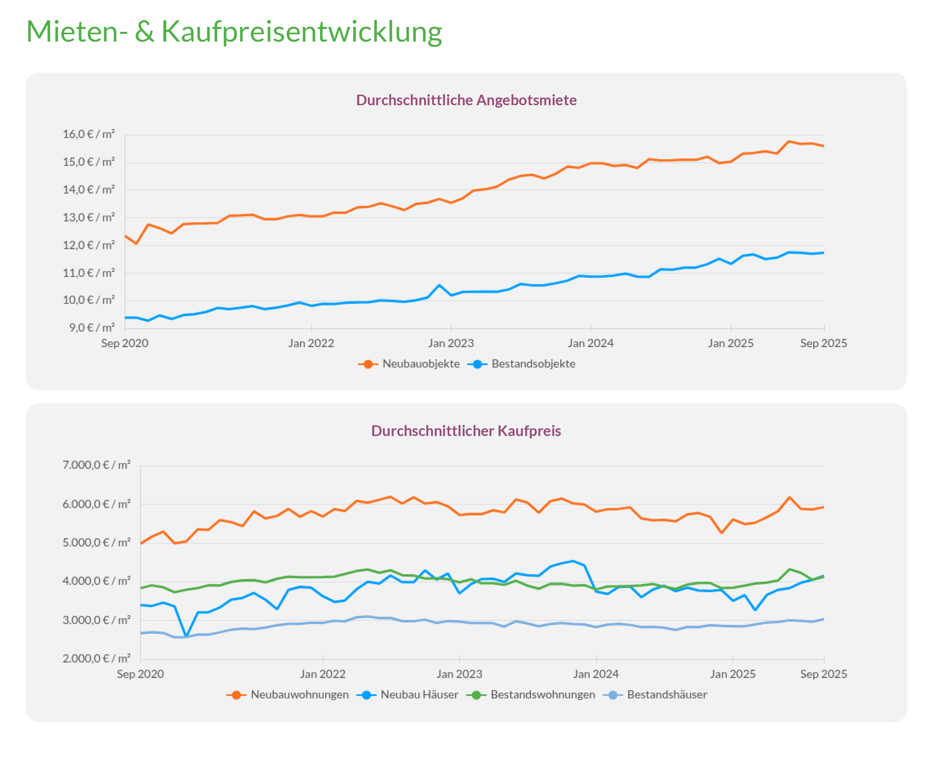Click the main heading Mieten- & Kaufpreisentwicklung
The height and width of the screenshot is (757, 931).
(x=234, y=31)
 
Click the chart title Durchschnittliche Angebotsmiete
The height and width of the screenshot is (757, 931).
(x=466, y=100)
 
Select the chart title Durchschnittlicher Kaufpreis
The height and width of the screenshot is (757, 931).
(x=466, y=431)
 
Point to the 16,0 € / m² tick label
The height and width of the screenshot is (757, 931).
(x=89, y=134)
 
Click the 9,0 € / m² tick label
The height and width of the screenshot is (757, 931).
(x=92, y=328)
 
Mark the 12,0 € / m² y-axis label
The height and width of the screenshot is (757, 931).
(x=89, y=245)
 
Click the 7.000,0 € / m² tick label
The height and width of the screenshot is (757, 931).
(x=96, y=465)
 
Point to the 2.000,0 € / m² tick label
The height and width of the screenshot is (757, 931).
(x=96, y=658)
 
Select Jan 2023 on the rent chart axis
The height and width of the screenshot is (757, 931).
(x=451, y=343)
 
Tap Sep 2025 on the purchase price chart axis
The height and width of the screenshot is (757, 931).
(x=823, y=674)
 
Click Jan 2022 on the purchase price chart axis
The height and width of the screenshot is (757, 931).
(x=322, y=674)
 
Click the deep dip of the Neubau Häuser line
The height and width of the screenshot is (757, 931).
(x=187, y=636)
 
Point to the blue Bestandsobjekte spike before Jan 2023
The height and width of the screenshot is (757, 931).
(x=439, y=285)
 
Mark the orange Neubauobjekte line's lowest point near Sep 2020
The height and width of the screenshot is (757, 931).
(x=136, y=243)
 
